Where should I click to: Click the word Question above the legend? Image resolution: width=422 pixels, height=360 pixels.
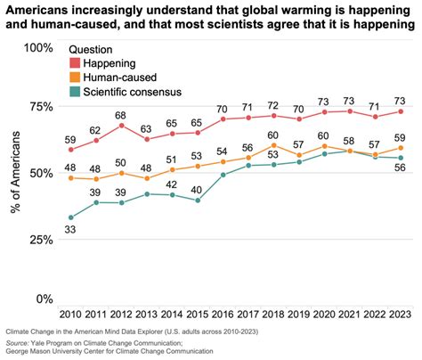pos(93,50)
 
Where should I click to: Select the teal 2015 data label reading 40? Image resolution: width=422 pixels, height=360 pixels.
pos(197,188)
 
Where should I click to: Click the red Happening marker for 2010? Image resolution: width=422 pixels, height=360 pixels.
pos(71,150)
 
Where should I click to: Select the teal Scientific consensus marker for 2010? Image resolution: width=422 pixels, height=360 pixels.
pos(71,217)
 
